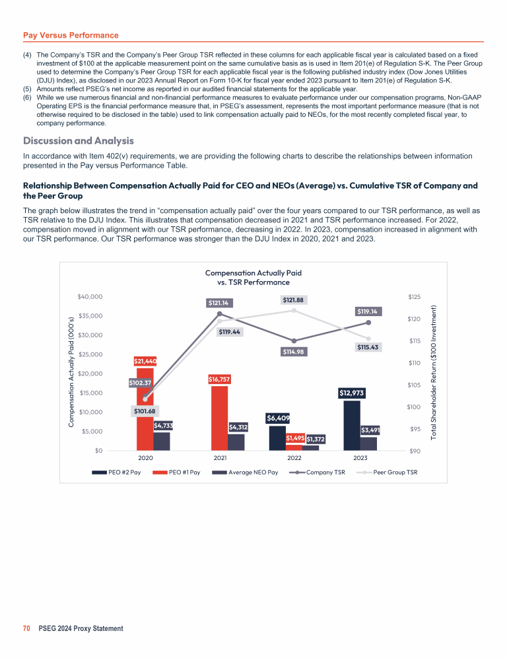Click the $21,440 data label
tap(145, 361)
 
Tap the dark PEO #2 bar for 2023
tap(351, 426)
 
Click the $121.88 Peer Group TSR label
tap(294, 300)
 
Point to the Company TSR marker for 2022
tap(294, 341)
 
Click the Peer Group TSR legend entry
tap(391, 472)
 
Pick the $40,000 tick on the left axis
tap(90, 297)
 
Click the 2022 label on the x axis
tap(294, 457)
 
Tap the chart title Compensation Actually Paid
tap(253, 272)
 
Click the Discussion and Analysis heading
tap(79, 141)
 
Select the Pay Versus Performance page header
tap(71, 34)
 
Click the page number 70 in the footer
tap(27, 629)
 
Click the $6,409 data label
tap(278, 418)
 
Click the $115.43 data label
tap(368, 346)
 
